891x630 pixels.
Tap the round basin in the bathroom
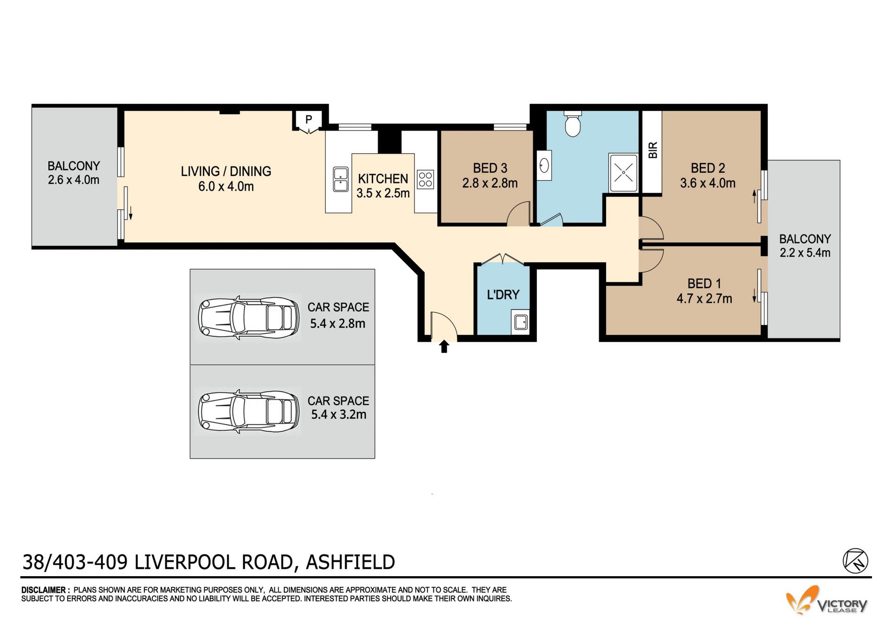[544, 165]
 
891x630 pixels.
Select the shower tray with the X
[624, 173]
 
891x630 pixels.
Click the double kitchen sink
[341, 179]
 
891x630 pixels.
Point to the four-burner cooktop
[426, 180]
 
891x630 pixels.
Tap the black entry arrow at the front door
[444, 346]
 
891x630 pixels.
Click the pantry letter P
[309, 119]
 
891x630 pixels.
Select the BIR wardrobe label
[653, 150]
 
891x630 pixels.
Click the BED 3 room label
[490, 168]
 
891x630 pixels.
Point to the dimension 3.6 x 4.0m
[708, 183]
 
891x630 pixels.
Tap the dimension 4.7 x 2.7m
[704, 299]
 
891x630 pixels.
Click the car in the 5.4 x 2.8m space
[248, 318]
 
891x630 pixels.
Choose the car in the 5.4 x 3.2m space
[248, 411]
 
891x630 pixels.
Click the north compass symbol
[855, 561]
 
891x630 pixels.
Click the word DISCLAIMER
[44, 590]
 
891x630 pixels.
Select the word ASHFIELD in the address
[350, 562]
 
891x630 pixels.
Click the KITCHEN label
[383, 179]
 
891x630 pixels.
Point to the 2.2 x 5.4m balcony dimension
[805, 253]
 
